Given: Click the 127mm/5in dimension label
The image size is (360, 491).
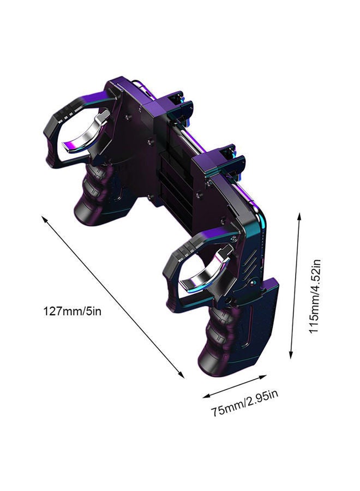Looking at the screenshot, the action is tap(72, 312).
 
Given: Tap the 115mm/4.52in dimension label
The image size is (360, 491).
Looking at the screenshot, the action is tap(315, 297).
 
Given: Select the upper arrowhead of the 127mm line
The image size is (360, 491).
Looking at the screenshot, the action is tap(44, 218).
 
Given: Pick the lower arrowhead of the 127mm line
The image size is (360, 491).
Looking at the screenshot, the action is tap(181, 375).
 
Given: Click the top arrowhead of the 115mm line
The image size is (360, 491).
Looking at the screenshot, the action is tap(299, 217).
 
